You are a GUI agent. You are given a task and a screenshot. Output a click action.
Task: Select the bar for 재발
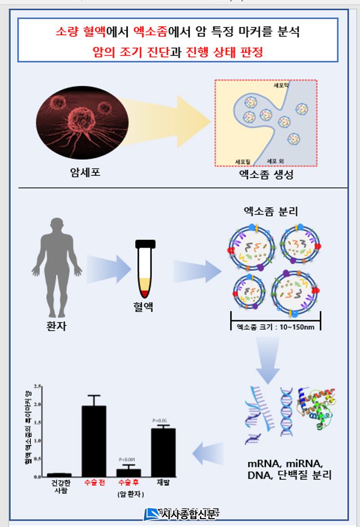point(163,452)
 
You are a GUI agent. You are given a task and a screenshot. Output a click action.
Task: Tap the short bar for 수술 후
point(128,472)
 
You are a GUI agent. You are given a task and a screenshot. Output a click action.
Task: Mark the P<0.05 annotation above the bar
point(160,421)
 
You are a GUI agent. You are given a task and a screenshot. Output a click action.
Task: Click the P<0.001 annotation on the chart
point(127,460)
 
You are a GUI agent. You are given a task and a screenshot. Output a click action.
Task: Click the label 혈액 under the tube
point(145,307)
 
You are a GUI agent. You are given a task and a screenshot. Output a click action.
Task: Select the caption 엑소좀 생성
point(267,175)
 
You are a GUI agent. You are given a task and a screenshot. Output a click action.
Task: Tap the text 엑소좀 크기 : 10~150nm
point(275,327)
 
